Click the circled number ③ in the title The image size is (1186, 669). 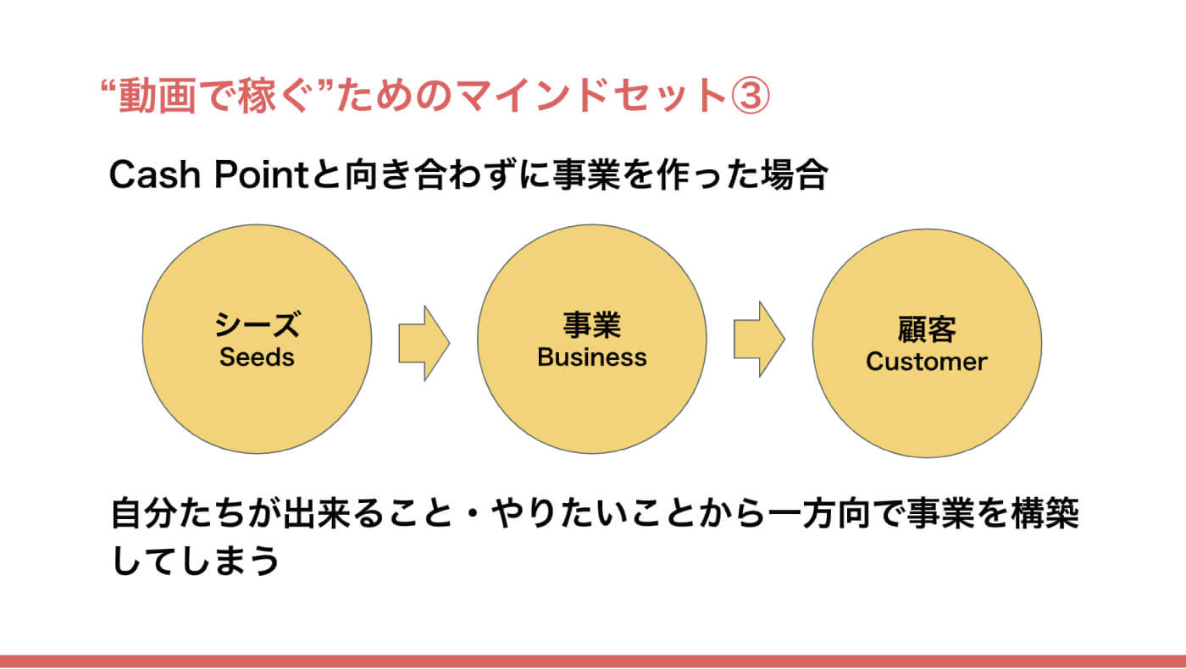750,95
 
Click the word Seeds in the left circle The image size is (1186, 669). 257,357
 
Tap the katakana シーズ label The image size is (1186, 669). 258,323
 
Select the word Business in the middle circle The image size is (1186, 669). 592,357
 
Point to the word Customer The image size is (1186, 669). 927,362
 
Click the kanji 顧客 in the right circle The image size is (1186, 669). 927,329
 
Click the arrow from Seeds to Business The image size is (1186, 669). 424,343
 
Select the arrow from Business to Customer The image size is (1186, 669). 759,340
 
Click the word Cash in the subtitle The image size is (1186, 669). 154,174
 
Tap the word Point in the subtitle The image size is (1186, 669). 262,174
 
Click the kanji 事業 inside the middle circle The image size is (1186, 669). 592,324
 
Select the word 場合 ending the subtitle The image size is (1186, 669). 795,174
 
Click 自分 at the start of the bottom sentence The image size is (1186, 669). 144,513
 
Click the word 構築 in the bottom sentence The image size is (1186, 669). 1045,513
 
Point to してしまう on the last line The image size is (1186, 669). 196,560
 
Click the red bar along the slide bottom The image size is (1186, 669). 593,661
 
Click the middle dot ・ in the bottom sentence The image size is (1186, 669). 471,513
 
